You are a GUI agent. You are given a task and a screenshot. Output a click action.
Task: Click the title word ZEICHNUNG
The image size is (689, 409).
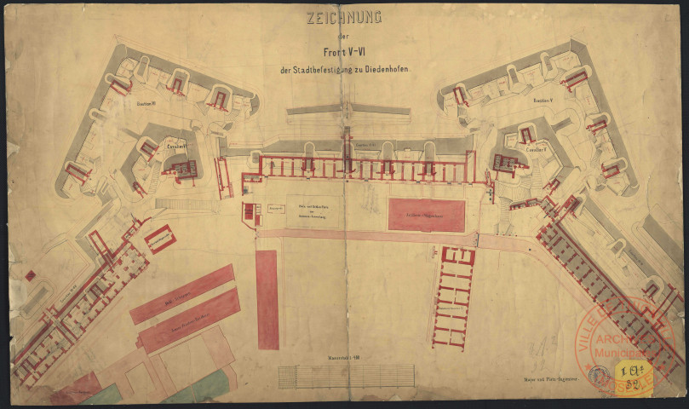click(x=344, y=17)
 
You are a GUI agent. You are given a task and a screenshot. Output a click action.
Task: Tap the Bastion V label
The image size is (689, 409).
click(x=544, y=101)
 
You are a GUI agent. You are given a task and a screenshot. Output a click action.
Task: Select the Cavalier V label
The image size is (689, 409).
click(x=536, y=149)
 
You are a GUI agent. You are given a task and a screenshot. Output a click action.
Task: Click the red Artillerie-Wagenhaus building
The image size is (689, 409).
click(x=427, y=216)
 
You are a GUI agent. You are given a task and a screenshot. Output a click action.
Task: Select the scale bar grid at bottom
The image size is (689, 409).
click(x=345, y=376)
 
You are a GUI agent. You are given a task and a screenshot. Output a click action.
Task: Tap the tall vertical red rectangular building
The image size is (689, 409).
click(x=267, y=299)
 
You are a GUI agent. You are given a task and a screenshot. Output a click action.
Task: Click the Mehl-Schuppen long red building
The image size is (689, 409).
click(x=182, y=293)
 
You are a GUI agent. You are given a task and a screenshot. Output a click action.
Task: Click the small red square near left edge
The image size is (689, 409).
click(x=30, y=275)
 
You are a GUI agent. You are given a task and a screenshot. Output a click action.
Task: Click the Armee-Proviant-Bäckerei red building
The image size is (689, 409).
click(x=189, y=320)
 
